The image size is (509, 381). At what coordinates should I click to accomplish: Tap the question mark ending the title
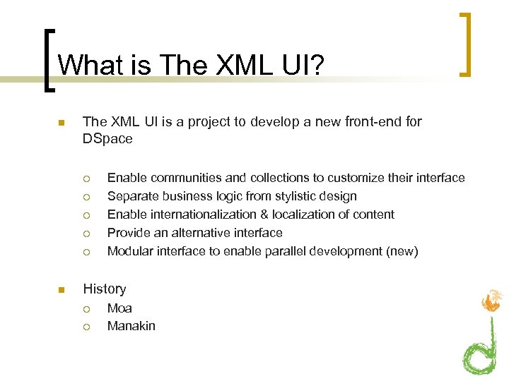point(315,65)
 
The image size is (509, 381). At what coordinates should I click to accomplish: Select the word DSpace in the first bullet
point(107,139)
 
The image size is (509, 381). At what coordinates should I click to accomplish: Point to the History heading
point(105,289)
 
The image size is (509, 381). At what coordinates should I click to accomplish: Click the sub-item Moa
point(119,308)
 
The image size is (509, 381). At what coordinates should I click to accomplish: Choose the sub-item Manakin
point(131,326)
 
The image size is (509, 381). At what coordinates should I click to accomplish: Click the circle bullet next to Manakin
point(86,327)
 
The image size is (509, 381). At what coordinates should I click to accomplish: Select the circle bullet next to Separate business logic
point(86,197)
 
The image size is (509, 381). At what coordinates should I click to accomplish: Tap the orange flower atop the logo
point(492,301)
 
